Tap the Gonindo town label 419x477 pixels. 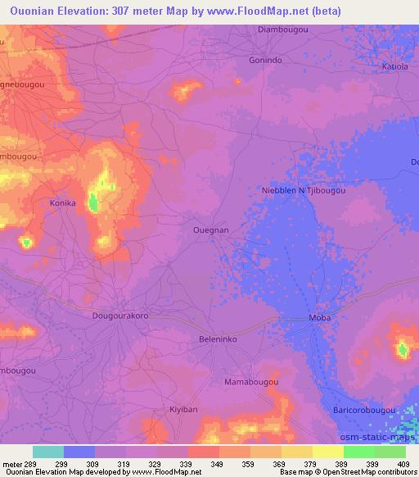pos(265,61)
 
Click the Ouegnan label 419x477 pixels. pos(210,230)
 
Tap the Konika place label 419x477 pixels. pos(62,202)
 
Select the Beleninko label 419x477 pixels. pos(219,338)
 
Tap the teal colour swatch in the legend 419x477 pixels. pos(48,452)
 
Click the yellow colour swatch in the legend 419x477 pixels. pos(328,452)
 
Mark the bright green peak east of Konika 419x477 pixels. pos(93,202)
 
